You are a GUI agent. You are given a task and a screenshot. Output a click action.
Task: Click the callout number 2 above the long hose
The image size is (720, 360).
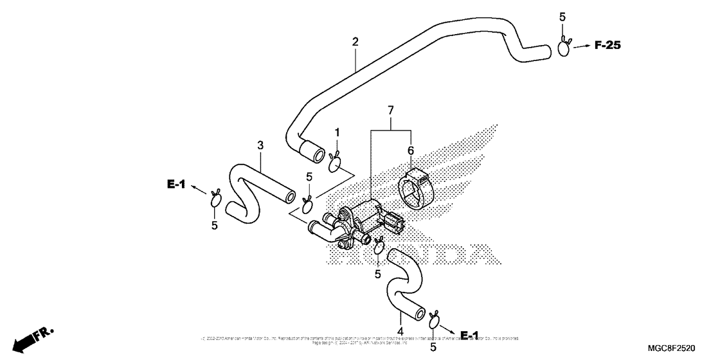(355, 42)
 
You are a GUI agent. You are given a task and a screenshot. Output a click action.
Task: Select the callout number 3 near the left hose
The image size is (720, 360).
(260, 146)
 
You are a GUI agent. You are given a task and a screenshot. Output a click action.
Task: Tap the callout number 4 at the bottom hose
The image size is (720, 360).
(400, 332)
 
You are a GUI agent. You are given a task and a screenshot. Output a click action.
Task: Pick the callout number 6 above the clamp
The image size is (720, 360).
(410, 150)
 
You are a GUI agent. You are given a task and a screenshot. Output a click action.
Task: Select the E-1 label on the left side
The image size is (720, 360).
(176, 185)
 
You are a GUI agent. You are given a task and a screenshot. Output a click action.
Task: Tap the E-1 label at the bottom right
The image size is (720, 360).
(469, 335)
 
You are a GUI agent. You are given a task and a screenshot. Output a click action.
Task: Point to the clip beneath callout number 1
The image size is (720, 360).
(336, 164)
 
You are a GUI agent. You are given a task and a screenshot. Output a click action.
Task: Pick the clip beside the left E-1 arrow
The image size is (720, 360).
(215, 199)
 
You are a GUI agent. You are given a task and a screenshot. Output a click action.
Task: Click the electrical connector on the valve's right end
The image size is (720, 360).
(393, 223)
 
